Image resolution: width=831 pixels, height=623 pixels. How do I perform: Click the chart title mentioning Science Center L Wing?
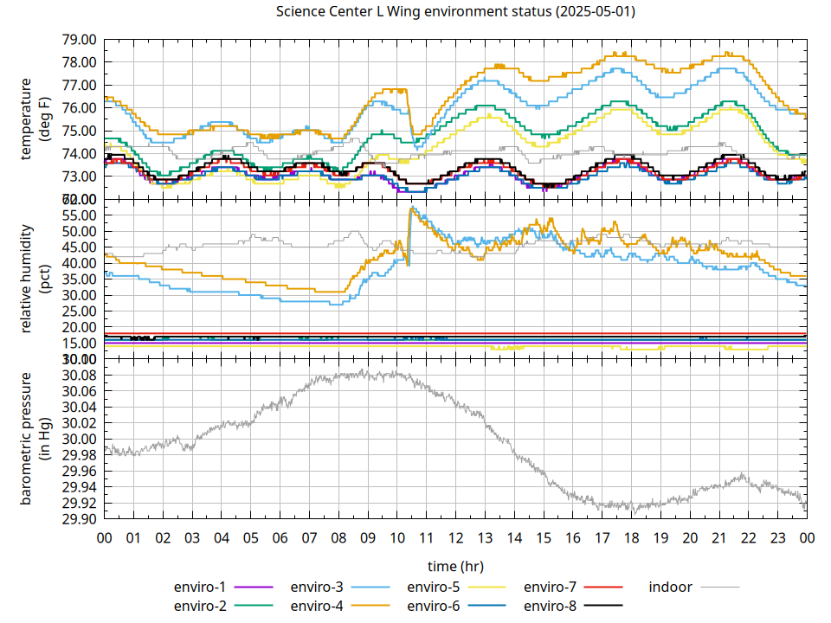454,12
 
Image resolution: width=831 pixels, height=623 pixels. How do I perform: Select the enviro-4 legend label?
318,606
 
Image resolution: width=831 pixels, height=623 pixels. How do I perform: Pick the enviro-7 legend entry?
552,588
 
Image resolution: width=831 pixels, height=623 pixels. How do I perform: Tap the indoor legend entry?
671,588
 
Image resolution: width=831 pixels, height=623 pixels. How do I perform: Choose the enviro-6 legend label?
435,606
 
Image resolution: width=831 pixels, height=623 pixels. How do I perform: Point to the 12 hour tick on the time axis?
455,537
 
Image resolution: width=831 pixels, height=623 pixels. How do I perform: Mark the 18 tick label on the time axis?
631,537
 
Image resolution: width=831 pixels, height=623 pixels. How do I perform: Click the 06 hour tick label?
280,537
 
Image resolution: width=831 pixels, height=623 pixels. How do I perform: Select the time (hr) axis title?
455,566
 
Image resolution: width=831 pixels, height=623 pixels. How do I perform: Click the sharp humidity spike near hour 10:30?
413,209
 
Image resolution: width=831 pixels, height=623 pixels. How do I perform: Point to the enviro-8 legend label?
551,606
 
